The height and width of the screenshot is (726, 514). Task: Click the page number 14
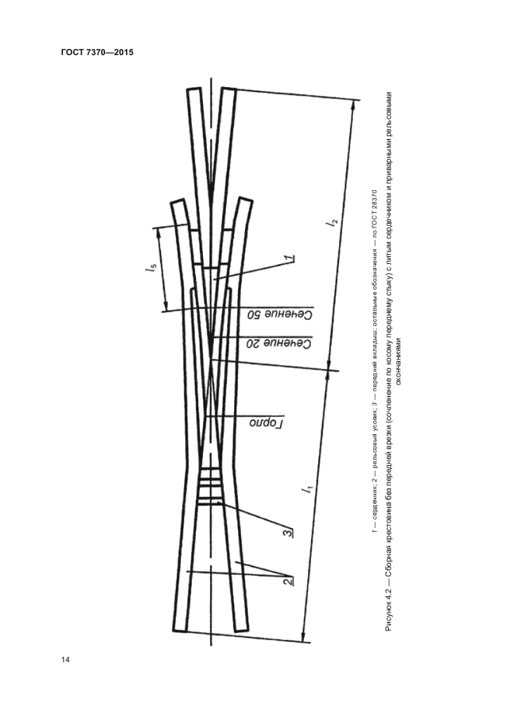(65, 660)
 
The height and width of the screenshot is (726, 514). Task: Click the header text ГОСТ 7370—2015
(97, 52)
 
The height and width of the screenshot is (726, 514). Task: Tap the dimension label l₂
(333, 223)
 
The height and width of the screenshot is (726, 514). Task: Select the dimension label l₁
(308, 489)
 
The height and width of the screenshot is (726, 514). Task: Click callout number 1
(290, 258)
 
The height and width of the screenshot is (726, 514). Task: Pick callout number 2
(288, 580)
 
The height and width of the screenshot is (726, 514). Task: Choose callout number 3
(288, 533)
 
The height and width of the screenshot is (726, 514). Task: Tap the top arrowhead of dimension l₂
(354, 106)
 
